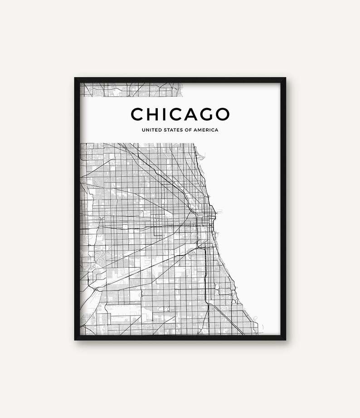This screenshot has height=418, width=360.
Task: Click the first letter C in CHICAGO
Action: (x=137, y=114)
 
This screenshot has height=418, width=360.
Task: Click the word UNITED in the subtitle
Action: (x=151, y=130)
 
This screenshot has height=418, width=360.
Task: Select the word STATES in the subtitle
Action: (x=171, y=130)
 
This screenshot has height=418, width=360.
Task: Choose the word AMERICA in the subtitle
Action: (x=206, y=130)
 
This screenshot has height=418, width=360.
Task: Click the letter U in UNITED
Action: (x=143, y=130)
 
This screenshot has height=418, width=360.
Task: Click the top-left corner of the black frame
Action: (x=75, y=78)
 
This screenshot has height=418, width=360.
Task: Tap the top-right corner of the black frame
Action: (x=286, y=78)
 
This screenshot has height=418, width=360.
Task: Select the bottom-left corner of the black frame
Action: (x=75, y=340)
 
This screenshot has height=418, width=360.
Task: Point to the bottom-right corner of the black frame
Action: (x=286, y=340)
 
